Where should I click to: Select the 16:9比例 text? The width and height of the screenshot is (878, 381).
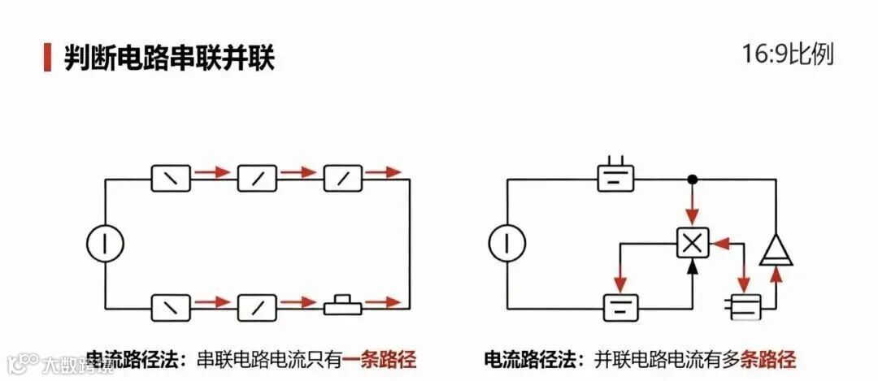788,55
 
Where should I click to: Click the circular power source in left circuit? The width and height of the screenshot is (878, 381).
106,243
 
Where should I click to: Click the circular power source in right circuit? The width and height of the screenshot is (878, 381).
507,243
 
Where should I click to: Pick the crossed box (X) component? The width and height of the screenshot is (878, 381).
693,243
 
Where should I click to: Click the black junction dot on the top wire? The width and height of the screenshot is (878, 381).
693,179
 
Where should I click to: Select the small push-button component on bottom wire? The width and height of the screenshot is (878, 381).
343,307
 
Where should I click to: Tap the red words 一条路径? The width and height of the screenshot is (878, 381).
379,359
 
